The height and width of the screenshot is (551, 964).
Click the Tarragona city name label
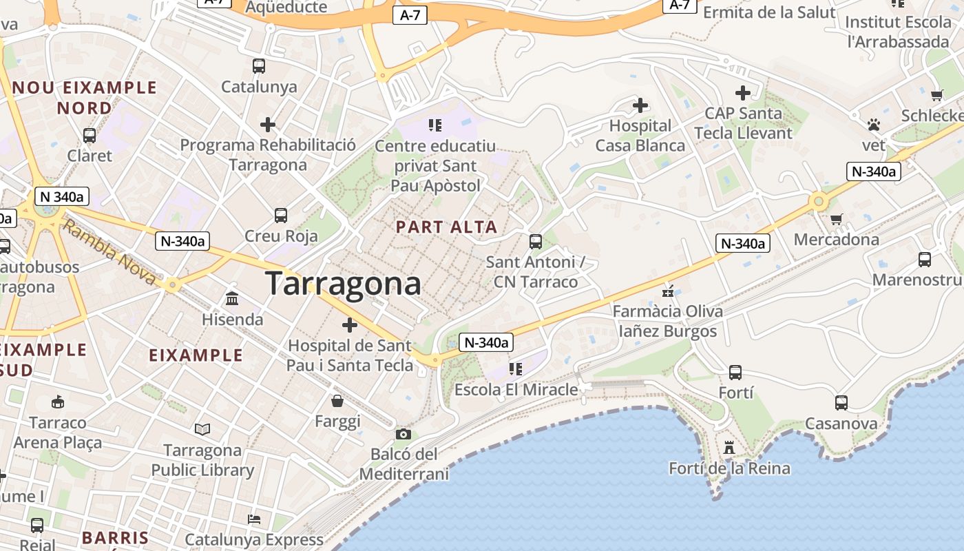[x=343, y=283]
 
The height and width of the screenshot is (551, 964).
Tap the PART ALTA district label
[x=446, y=227]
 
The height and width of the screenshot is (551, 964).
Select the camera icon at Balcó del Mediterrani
[x=404, y=434]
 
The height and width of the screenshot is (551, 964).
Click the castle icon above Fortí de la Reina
[x=729, y=448]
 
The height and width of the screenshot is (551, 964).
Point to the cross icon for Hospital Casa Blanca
[x=640, y=105]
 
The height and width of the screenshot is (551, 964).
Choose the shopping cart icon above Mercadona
[x=837, y=220]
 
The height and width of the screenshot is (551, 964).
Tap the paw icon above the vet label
[x=874, y=125]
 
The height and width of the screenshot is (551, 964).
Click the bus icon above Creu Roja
[x=281, y=215]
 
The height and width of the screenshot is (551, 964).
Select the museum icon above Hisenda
[x=232, y=299]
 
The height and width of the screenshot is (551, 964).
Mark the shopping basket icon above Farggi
[x=337, y=401]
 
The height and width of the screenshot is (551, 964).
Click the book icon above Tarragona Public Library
[x=202, y=430]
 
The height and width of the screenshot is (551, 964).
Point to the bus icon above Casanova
[x=841, y=403]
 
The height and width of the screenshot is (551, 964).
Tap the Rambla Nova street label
[x=110, y=251]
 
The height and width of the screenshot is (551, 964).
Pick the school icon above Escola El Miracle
[x=516, y=369]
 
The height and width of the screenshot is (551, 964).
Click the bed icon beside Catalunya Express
[x=254, y=519]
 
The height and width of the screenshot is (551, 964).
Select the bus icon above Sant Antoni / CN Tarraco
[x=536, y=242]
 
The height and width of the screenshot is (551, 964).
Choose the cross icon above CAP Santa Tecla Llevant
[x=743, y=92]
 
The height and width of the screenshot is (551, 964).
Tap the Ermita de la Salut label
[x=769, y=12]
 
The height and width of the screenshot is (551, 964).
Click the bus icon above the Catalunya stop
[x=259, y=66]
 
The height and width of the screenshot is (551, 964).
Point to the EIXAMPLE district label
[x=196, y=355]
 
